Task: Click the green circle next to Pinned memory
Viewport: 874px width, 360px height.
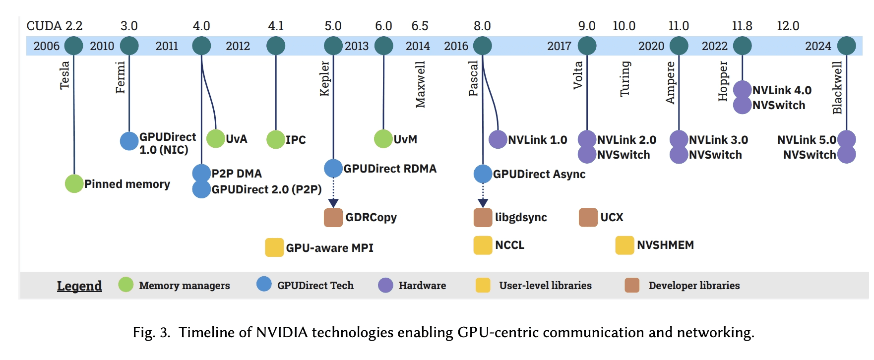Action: click(74, 184)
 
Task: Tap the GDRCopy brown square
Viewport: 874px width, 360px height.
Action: click(333, 218)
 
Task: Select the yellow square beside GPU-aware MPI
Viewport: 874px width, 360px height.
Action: click(274, 247)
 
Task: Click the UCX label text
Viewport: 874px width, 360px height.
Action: click(612, 217)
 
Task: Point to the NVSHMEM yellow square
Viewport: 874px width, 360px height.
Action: click(624, 245)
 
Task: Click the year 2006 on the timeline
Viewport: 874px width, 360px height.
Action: click(46, 46)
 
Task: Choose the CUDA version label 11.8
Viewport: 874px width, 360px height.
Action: click(742, 26)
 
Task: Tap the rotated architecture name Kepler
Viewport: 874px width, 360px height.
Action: click(324, 78)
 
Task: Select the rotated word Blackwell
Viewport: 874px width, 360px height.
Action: click(837, 87)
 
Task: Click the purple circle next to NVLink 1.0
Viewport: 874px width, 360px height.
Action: click(498, 139)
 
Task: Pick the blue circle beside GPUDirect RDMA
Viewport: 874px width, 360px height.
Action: click(333, 169)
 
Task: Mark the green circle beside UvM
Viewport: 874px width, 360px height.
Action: click(383, 139)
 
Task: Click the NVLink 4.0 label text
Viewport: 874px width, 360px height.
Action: click(782, 90)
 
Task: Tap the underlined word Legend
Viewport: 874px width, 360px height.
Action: click(79, 286)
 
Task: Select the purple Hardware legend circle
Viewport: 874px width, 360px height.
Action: click(385, 285)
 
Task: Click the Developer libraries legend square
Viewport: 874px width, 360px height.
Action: click(632, 285)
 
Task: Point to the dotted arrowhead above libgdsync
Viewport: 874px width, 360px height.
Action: click(483, 203)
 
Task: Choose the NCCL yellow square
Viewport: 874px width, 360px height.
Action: click(483, 245)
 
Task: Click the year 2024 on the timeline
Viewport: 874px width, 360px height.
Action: click(818, 46)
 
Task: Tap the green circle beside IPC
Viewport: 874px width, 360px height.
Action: click(276, 139)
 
